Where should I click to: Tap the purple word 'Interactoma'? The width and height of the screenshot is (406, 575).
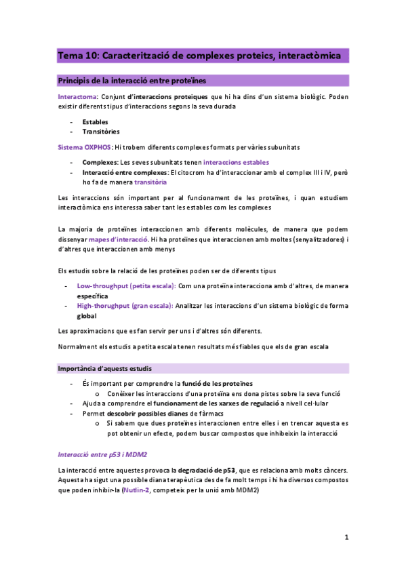point(77,97)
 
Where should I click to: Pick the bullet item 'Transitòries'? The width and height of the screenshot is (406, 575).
point(101,132)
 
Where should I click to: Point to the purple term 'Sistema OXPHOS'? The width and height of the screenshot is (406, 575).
point(85,147)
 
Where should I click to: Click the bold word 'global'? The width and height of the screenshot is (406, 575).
point(87,316)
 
